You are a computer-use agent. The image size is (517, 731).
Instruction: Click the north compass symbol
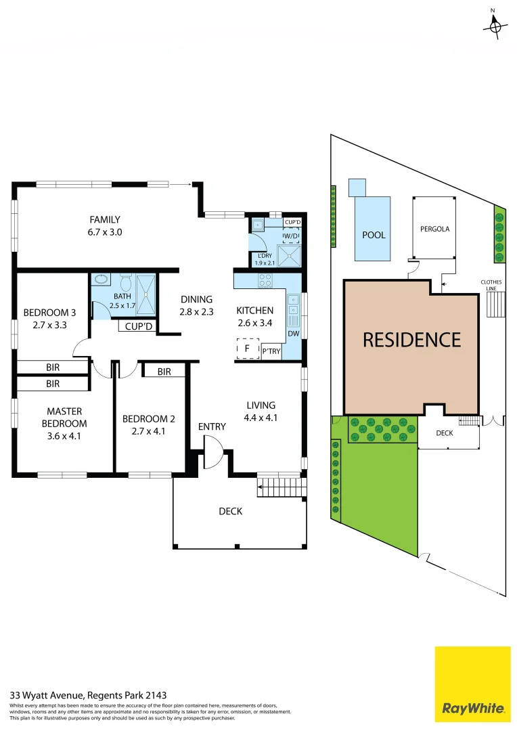tap(496, 26)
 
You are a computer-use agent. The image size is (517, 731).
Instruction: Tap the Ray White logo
tap(472, 684)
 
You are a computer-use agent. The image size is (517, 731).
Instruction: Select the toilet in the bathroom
tap(126, 280)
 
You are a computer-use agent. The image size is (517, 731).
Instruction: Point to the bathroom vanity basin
tap(102, 278)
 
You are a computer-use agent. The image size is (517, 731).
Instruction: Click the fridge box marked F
tap(247, 349)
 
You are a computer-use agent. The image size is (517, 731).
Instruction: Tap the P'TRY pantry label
tap(271, 351)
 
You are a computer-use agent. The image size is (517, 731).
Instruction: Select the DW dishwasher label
tap(293, 333)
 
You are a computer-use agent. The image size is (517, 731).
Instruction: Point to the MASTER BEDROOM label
tap(64, 417)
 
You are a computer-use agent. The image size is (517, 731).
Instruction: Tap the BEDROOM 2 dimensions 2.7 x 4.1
tap(149, 430)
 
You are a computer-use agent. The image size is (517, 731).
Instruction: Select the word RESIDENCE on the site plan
tap(411, 339)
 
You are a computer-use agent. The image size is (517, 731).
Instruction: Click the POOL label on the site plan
tap(374, 235)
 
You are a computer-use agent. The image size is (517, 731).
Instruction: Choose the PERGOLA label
tap(434, 229)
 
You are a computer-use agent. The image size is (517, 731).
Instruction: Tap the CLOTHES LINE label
tap(491, 285)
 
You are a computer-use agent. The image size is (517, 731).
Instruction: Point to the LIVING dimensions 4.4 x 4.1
tap(261, 418)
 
